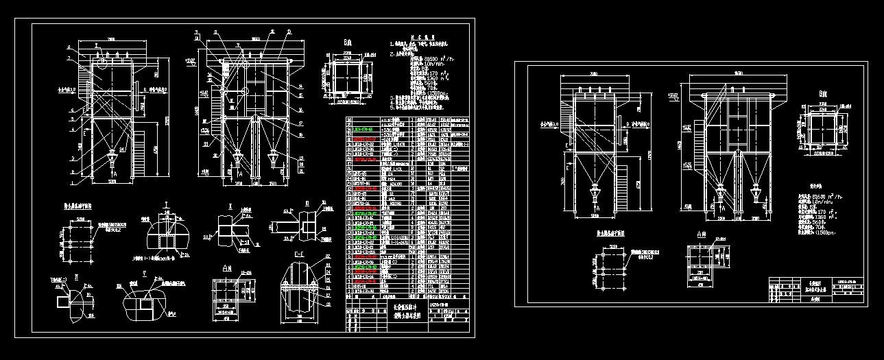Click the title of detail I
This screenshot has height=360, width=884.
coord(167,206)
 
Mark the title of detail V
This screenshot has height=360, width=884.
coord(145,272)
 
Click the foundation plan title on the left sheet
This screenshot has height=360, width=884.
coord(79,204)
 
